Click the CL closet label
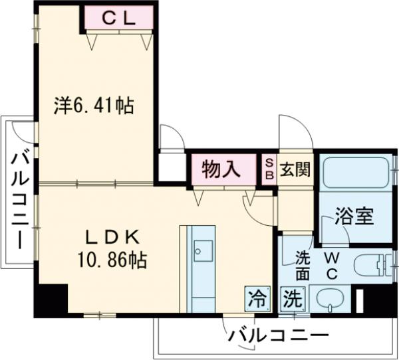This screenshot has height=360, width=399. pos(119,19)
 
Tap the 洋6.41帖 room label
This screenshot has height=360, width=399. pos(94,106)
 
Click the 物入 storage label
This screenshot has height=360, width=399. pos(222,169)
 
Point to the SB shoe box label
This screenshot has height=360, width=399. pos(269,169)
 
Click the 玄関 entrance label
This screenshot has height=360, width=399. pos(294,169)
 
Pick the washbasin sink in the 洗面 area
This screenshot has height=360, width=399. pos(329,300)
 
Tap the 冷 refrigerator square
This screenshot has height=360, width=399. pos(257,298)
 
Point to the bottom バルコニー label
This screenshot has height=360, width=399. pos(279,335)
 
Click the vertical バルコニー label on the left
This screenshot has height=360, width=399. pos(19,199)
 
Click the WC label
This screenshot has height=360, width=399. pos(332,264)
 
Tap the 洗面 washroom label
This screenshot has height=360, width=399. pos(302,264)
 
